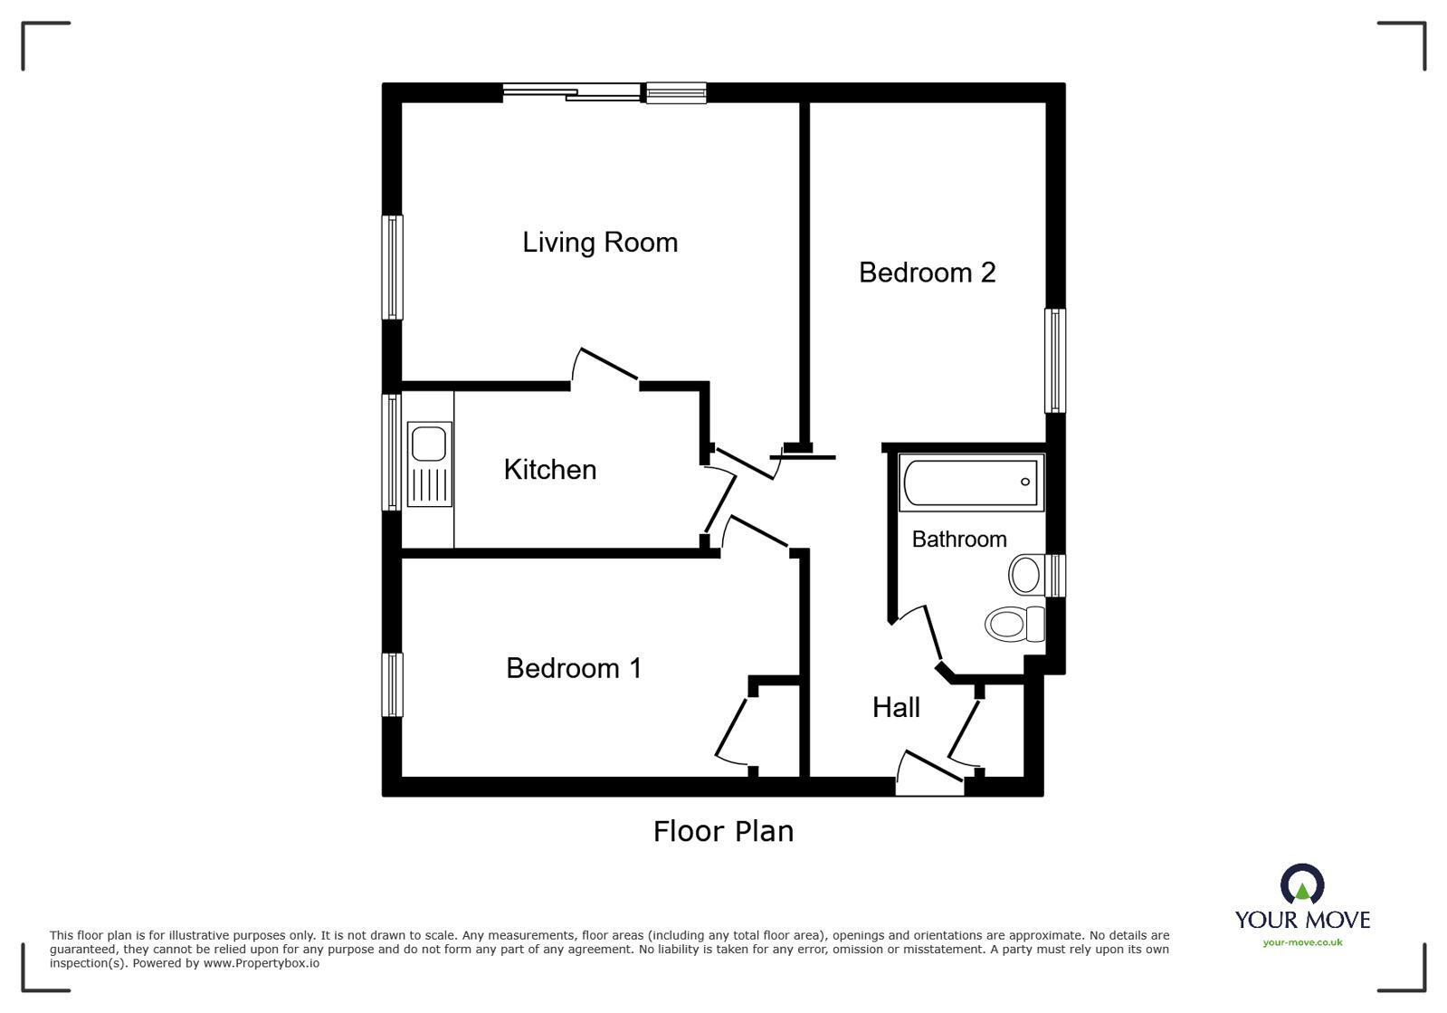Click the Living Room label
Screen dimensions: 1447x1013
point(600,243)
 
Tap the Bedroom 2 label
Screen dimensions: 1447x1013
point(927,272)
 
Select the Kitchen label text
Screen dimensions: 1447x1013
point(549,470)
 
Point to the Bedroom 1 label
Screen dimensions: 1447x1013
point(574,668)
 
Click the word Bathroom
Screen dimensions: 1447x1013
point(959,539)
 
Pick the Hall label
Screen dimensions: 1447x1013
point(896,707)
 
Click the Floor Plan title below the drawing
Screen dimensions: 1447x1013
point(723,831)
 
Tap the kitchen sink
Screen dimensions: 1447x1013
point(429,463)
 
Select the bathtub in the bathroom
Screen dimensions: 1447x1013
point(971,482)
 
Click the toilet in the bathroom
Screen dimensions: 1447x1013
point(1014,624)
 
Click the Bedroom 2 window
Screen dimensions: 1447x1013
point(1055,360)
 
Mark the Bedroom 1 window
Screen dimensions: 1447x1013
point(392,684)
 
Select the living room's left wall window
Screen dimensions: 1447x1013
point(392,267)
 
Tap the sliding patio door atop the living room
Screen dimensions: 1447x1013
point(572,92)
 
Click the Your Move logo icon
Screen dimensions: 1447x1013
point(1302,884)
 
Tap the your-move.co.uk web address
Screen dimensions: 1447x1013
point(1302,942)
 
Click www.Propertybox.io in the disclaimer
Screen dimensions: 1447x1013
point(262,963)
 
